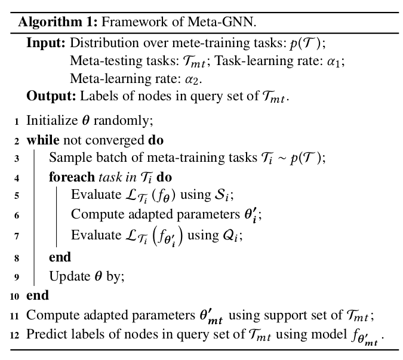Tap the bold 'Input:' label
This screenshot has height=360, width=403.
tap(46, 44)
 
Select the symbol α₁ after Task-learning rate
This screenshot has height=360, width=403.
tap(338, 61)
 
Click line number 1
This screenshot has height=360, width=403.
tap(16, 121)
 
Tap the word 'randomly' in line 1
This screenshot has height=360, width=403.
tap(130, 121)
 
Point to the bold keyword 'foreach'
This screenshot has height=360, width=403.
tap(71, 177)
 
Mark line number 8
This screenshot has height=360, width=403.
tap(16, 258)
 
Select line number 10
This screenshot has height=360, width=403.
tap(14, 296)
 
